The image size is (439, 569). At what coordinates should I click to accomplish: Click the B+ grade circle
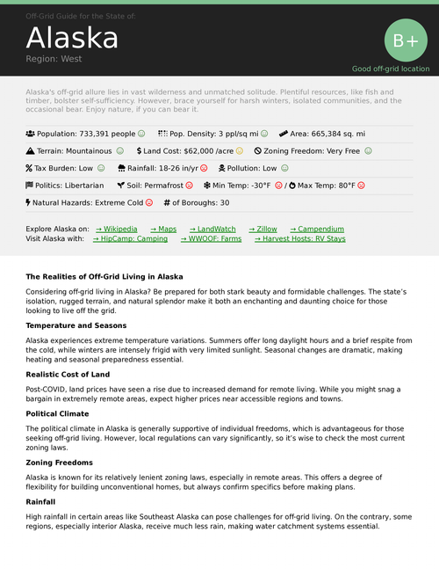coord(406,40)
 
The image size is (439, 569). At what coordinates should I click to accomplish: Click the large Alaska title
coord(72,38)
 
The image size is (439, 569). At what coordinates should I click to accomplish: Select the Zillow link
coord(263,229)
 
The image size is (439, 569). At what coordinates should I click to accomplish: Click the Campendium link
coord(317,229)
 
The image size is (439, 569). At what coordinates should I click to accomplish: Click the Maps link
coord(163,229)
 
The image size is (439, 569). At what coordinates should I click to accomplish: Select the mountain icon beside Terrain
coord(30,151)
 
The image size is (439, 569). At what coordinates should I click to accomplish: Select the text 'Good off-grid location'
coord(391,69)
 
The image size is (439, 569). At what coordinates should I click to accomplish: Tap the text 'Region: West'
coord(54,59)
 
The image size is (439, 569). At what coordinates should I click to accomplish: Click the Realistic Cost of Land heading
coord(68,375)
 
